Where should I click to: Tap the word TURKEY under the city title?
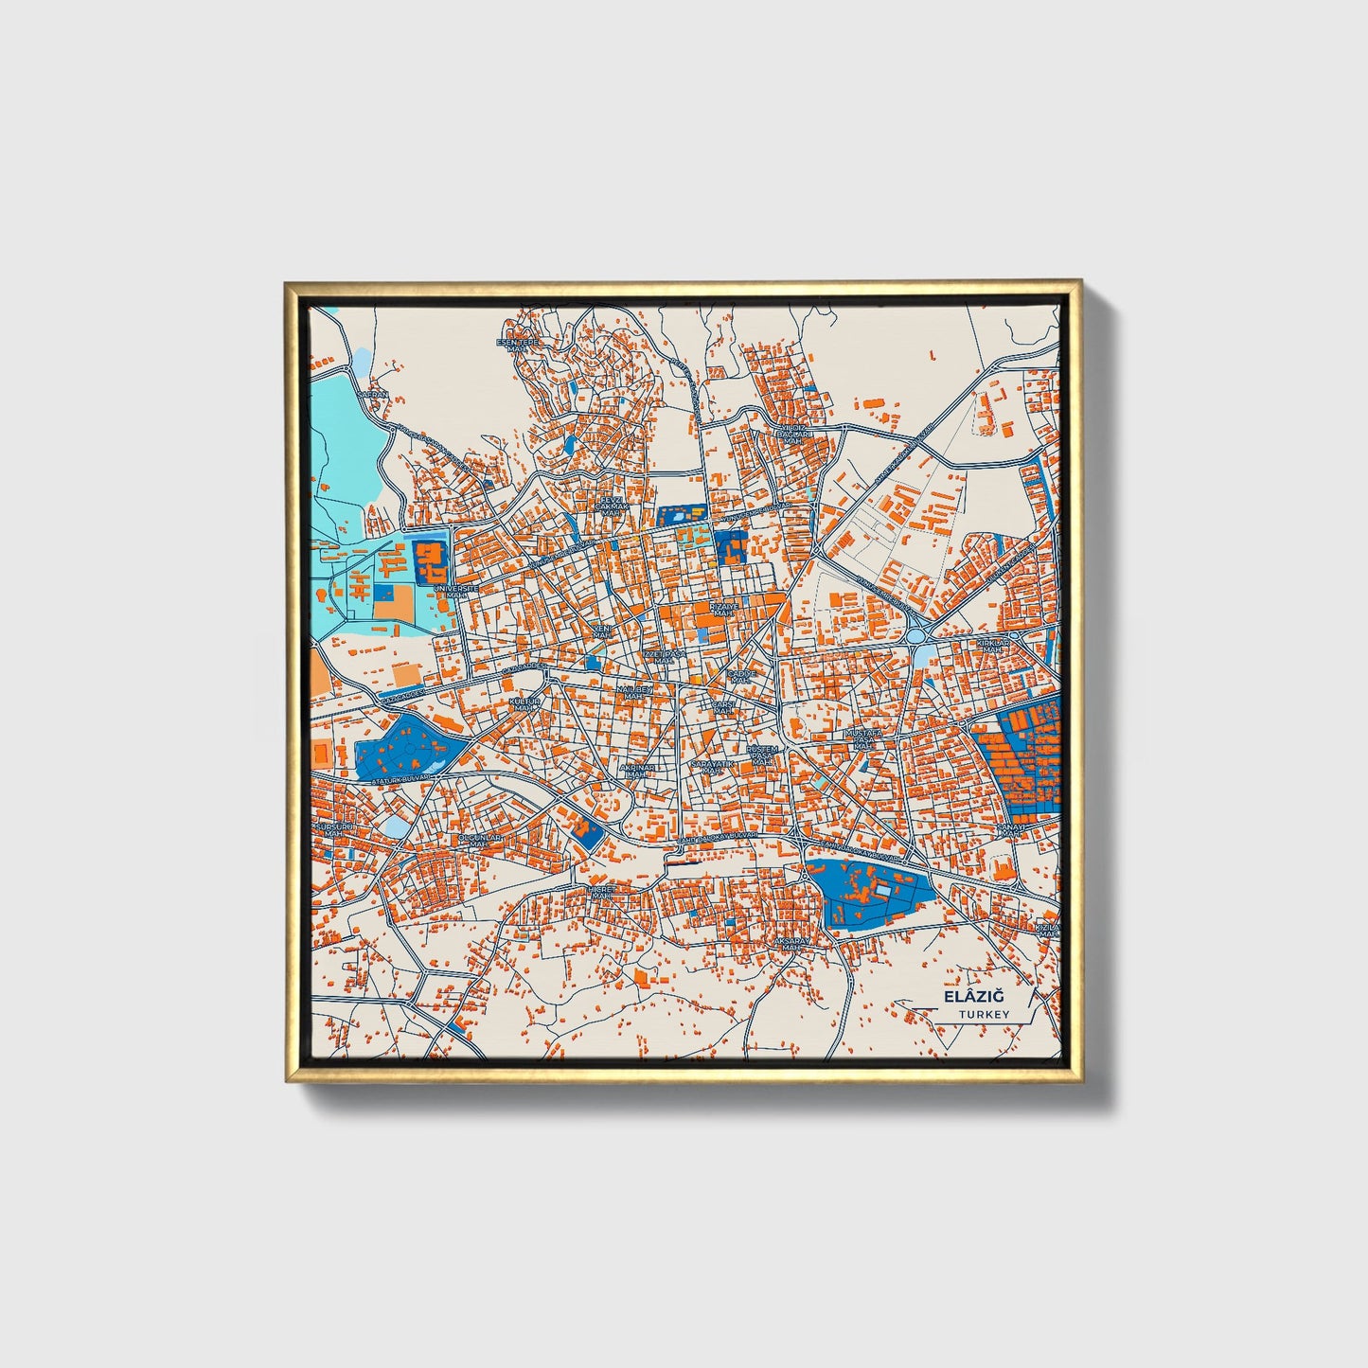(984, 1014)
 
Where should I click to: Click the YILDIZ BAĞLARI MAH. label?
(791, 434)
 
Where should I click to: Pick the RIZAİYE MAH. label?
(723, 610)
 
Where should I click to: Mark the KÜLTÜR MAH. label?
(524, 704)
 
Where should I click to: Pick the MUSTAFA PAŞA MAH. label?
(862, 738)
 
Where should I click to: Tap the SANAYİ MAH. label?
(1010, 830)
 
